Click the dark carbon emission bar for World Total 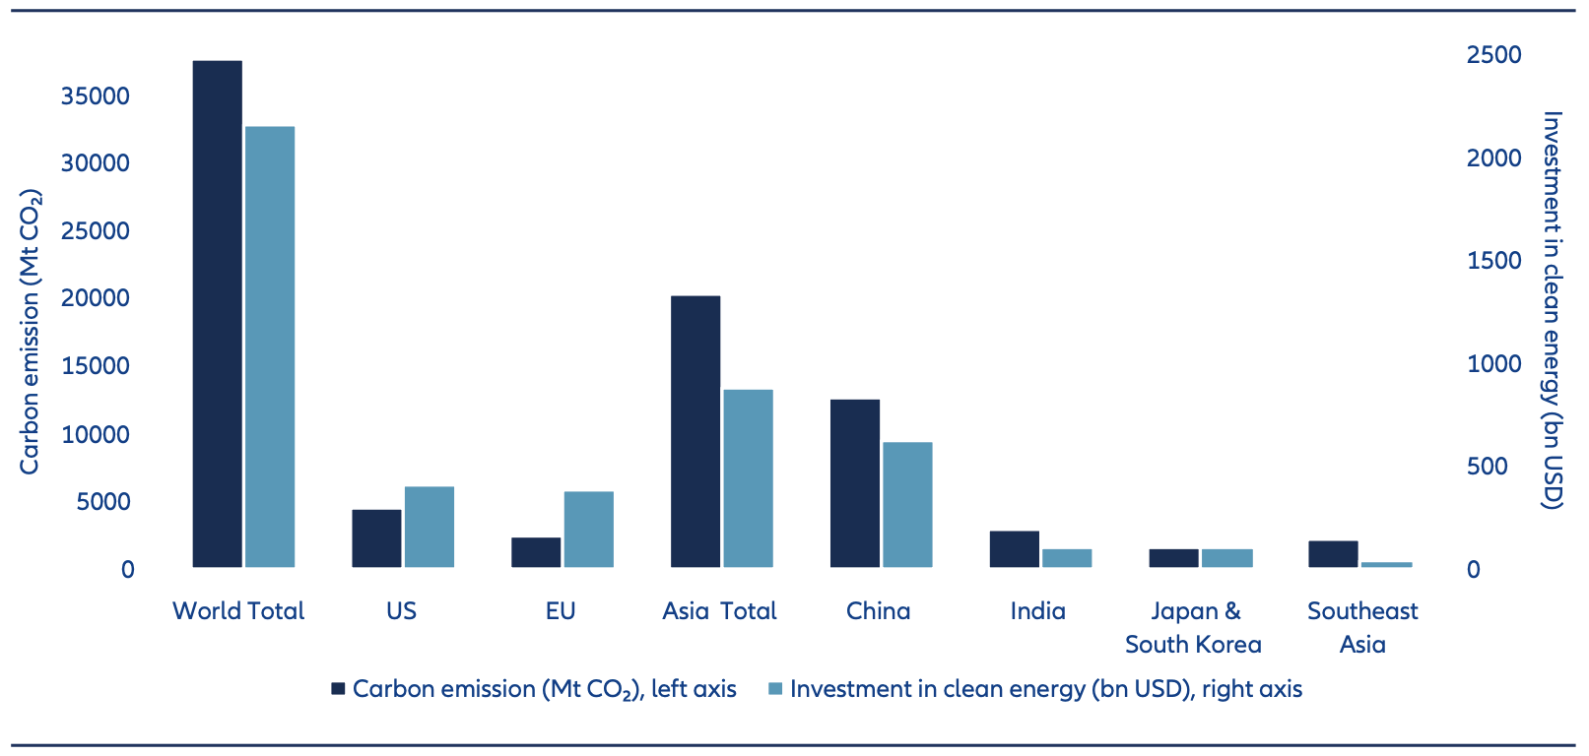coord(217,314)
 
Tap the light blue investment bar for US coord(430,527)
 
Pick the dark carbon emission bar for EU coord(536,552)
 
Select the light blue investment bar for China coord(907,504)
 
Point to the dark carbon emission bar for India coord(1014,548)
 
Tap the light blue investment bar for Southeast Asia coord(1386,564)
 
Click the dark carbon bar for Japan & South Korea coord(1173,558)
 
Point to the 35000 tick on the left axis coord(96,96)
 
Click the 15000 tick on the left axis coord(96,366)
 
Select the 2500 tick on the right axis coord(1493,55)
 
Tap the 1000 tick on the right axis coord(1493,364)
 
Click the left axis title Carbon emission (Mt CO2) coord(31,332)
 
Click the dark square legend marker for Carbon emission coord(338,689)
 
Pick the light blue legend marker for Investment coord(775,689)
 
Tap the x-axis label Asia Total coord(719,611)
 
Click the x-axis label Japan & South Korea coord(1193,628)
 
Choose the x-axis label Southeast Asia coord(1362,628)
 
